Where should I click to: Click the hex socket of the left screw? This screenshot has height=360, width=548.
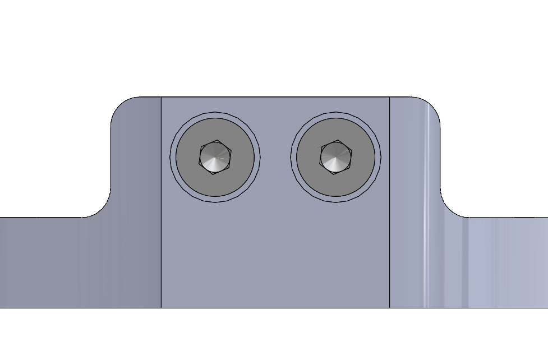(215, 158)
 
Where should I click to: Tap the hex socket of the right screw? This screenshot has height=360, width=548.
(335, 157)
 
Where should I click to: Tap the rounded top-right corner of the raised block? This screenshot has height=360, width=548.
(432, 105)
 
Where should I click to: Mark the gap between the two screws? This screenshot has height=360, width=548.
(275, 157)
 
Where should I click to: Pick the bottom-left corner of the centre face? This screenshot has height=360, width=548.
(162, 307)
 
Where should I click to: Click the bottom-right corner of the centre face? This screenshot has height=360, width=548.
(389, 307)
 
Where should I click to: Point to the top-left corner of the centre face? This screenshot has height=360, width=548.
(162, 98)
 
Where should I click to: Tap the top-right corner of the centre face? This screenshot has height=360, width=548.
(389, 98)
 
